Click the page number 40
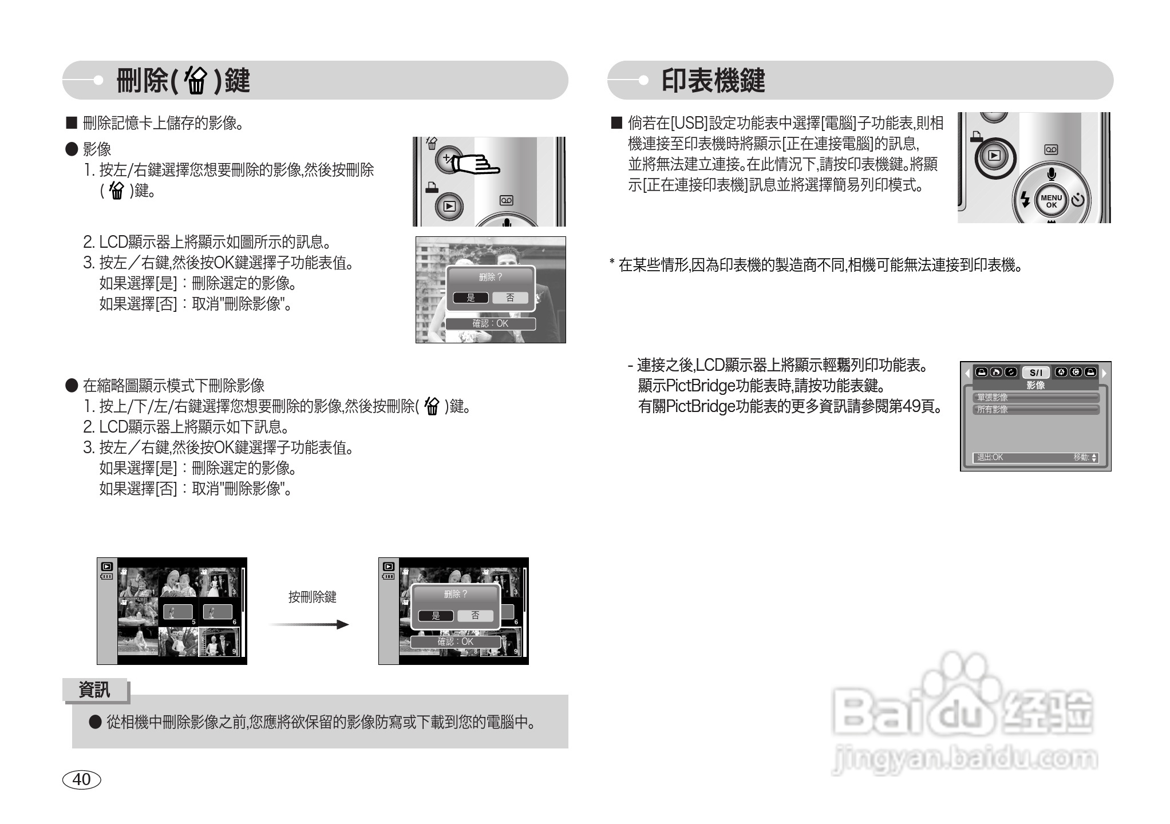pos(81,779)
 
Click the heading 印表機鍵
pos(713,81)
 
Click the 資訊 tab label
pos(94,690)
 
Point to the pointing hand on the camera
pos(475,165)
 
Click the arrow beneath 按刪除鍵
pos(310,624)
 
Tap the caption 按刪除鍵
pos(312,597)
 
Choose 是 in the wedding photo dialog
pos(471,298)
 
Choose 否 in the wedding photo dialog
pos(510,298)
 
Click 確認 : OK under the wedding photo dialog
pos(490,324)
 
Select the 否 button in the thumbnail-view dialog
pos(475,616)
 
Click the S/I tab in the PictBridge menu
pos(1035,373)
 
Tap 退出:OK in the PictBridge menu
pos(990,458)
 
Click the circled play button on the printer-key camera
pos(995,156)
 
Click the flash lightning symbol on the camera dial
pos(1025,200)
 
